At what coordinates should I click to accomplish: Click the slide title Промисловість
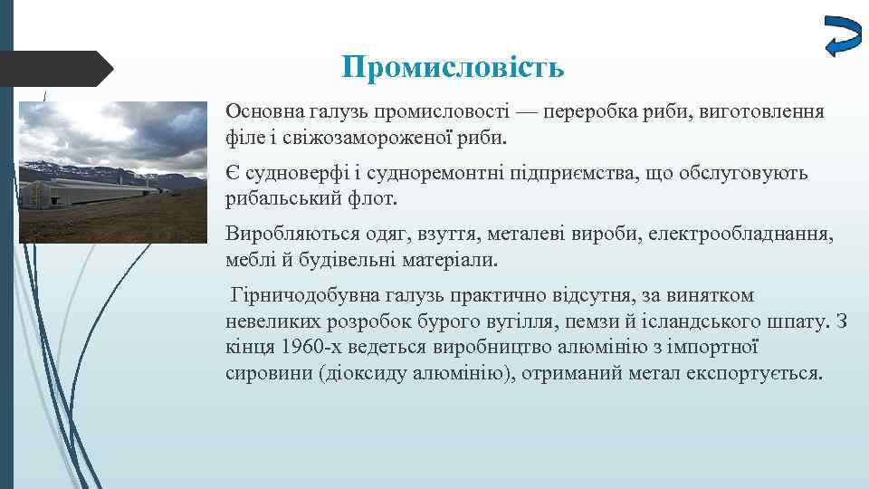point(454,67)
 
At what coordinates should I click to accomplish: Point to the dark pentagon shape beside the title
point(54,69)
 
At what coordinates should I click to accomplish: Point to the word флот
point(366,198)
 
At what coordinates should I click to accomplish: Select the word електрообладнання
point(748,235)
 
